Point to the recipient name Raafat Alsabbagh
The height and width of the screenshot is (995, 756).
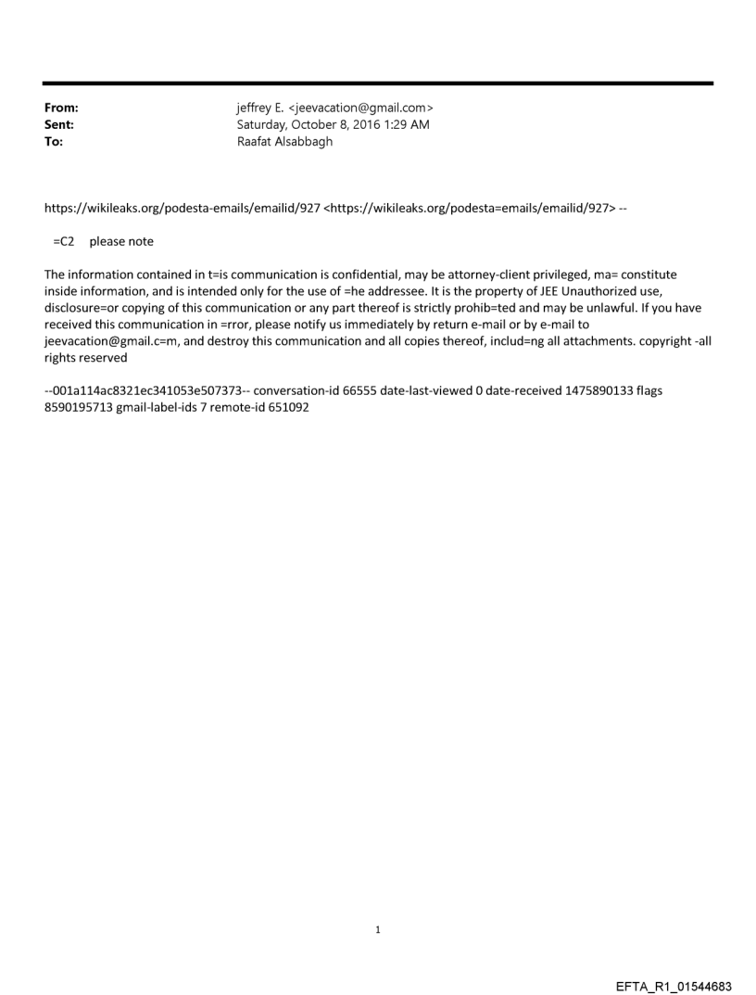[x=284, y=143]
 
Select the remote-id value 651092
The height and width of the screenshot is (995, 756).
[x=287, y=407]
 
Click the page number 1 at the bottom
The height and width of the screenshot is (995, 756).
[x=378, y=930]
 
